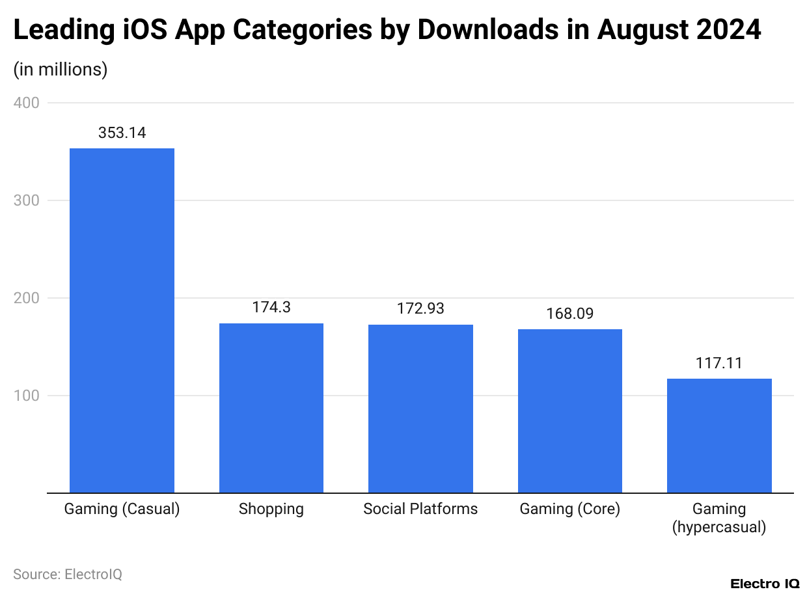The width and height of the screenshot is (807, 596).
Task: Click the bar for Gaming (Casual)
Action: pyautogui.click(x=122, y=320)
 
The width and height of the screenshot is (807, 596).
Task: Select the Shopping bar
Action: pyautogui.click(x=271, y=408)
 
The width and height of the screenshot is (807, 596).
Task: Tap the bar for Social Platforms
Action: pyautogui.click(x=420, y=409)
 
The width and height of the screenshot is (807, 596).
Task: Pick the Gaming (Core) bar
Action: pyautogui.click(x=569, y=411)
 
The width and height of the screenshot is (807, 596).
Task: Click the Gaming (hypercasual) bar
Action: pyautogui.click(x=719, y=435)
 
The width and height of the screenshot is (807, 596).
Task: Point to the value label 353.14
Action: pyautogui.click(x=122, y=133)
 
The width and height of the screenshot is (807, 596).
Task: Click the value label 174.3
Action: pyautogui.click(x=271, y=308)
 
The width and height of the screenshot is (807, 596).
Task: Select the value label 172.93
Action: pyautogui.click(x=420, y=308)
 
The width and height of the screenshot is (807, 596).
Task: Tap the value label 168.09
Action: pyautogui.click(x=569, y=314)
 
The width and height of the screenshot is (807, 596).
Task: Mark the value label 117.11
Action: pyautogui.click(x=719, y=363)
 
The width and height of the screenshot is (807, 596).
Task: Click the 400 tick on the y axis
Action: pyautogui.click(x=26, y=103)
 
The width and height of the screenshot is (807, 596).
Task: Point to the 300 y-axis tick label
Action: pyautogui.click(x=26, y=200)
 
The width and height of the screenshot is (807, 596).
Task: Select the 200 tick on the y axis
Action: pyautogui.click(x=26, y=298)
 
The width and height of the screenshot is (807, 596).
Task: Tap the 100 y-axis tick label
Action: pyautogui.click(x=26, y=396)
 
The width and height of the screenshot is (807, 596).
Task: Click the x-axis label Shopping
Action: pyautogui.click(x=271, y=509)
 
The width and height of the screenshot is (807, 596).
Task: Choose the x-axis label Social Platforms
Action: pyautogui.click(x=420, y=509)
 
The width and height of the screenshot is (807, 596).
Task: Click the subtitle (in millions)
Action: pyautogui.click(x=61, y=70)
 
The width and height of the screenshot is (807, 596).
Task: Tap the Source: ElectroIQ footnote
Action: pyautogui.click(x=68, y=574)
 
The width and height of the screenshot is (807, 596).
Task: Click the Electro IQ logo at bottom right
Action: pyautogui.click(x=765, y=583)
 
